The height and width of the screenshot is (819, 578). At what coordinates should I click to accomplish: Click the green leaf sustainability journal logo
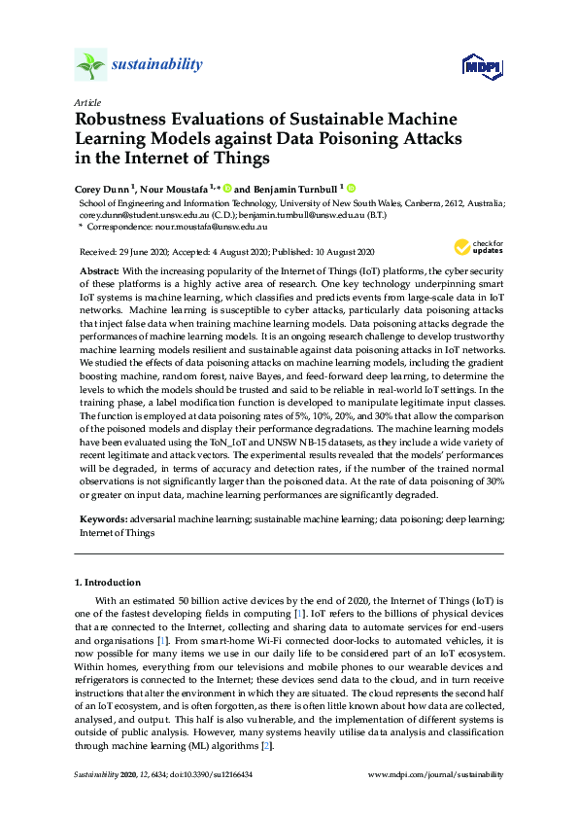click(89, 65)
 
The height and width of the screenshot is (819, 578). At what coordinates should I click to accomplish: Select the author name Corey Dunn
click(102, 189)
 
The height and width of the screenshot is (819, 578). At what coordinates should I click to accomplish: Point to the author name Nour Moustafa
click(172, 189)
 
